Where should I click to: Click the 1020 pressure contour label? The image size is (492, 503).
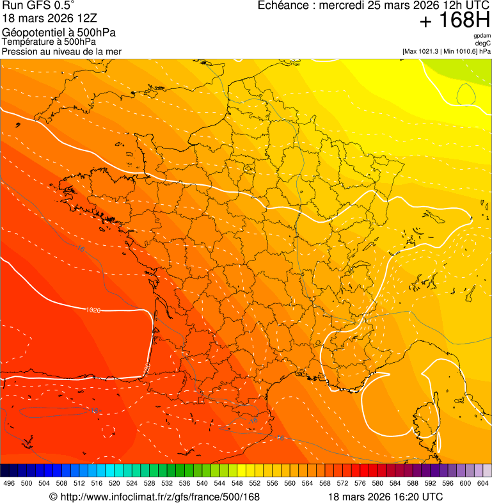coord(93,310)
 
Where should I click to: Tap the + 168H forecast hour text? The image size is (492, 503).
coord(454,21)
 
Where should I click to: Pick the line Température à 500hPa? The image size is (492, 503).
coord(49,42)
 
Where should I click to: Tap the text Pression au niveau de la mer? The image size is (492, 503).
coord(61,51)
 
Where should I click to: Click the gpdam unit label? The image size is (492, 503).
coord(482,36)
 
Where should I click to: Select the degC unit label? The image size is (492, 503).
coord(483,43)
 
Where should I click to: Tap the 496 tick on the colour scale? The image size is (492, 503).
coord(9,483)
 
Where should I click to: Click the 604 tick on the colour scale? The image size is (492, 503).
coord(483,483)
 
